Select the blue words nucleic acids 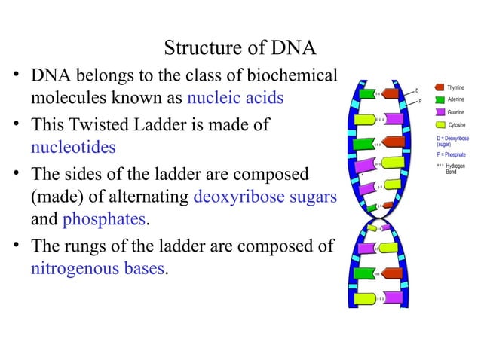235,98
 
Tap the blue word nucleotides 73,146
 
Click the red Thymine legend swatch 439,88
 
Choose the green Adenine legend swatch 439,100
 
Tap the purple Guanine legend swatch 439,112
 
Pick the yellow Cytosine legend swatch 439,124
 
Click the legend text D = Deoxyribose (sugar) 452,142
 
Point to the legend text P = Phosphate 451,154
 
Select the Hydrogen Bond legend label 455,169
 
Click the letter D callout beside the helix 417,91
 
